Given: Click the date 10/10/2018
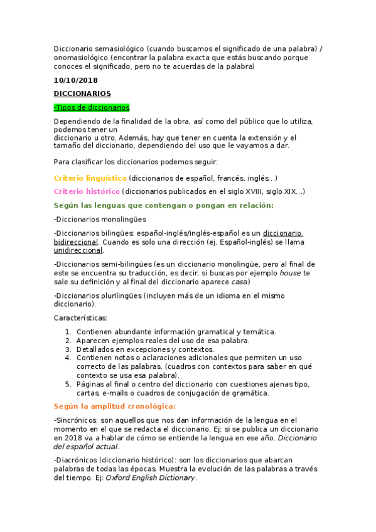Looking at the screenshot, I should tap(75, 81).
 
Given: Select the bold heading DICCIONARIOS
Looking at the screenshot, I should tap(82, 94).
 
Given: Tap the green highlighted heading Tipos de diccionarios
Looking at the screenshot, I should tap(92, 107).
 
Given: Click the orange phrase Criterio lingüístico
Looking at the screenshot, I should tap(90, 178).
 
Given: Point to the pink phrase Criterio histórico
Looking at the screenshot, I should tap(87, 191).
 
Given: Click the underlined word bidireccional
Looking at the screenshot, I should tap(76, 241).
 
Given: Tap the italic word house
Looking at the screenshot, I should tap(290, 273).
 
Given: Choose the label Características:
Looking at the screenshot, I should tap(80, 318).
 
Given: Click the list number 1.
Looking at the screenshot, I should tap(68, 332).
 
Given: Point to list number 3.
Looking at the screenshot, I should tap(68, 349).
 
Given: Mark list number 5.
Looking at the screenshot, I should tap(68, 385).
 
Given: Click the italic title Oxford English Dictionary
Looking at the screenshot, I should tap(151, 477).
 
